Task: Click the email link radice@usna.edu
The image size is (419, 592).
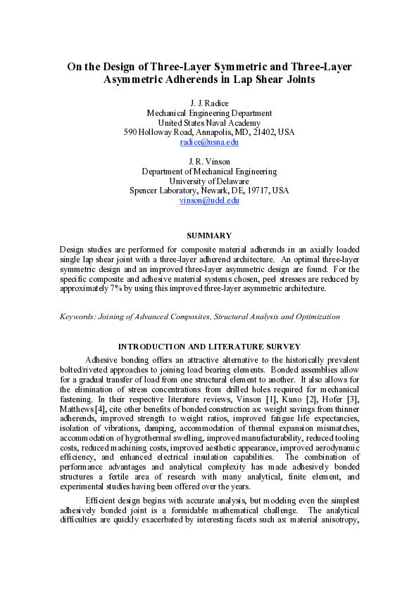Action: click(209, 142)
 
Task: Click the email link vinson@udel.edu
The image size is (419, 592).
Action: click(209, 200)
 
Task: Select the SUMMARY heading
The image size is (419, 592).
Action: click(209, 235)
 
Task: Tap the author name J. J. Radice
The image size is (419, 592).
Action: click(209, 103)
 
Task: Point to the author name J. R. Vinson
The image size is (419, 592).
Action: click(209, 161)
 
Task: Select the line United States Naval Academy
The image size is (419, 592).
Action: click(209, 122)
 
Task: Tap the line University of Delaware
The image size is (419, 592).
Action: click(209, 181)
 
